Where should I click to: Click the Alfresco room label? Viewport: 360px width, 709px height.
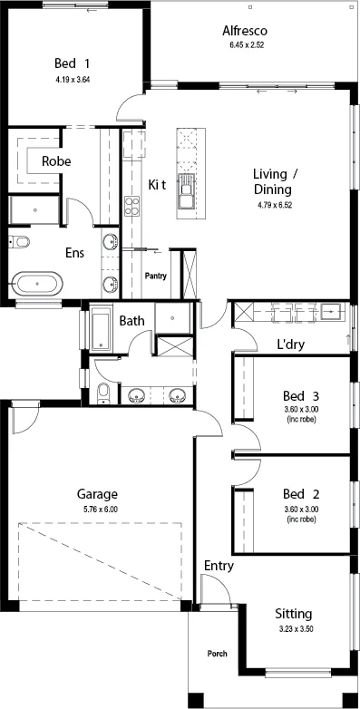[x=245, y=31]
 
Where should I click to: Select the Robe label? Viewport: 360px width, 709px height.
[x=56, y=161]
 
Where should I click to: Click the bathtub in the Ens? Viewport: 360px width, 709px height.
[x=37, y=284]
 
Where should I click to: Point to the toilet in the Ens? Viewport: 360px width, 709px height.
[x=20, y=242]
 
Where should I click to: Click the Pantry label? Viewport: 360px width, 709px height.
[x=156, y=276]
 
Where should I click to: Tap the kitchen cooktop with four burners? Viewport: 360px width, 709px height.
[x=132, y=206]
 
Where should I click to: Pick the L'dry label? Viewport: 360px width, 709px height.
[x=291, y=345]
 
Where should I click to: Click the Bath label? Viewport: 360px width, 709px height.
[x=132, y=321]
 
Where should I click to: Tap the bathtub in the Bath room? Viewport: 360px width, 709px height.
[x=101, y=328]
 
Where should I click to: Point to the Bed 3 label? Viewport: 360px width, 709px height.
[x=301, y=396]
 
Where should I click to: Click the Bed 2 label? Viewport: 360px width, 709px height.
[x=301, y=493]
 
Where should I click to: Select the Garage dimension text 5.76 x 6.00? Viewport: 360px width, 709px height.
[x=101, y=510]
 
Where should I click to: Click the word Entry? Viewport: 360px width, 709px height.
[x=219, y=566]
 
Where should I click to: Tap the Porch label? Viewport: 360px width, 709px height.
[x=217, y=654]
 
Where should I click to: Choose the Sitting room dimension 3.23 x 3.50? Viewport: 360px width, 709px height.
[x=294, y=628]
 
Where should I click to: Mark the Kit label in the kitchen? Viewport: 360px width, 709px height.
[x=158, y=184]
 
